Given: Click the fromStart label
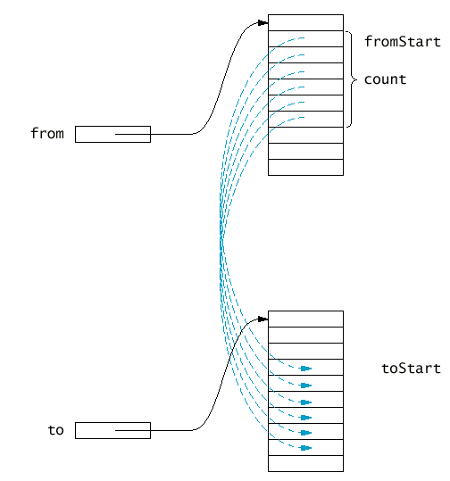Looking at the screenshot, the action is [x=403, y=41].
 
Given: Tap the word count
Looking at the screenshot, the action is [x=385, y=79].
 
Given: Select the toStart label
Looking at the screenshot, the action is [x=411, y=368].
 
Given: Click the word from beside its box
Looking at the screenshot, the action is [x=47, y=134].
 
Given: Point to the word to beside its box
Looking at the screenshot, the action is [x=56, y=430].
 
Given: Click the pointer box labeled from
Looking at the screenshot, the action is [x=112, y=134].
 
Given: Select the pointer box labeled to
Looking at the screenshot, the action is [x=112, y=430].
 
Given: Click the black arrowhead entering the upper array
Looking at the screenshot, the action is [x=262, y=23].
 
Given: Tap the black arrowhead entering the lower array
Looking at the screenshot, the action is [x=262, y=319].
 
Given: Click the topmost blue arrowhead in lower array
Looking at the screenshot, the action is [x=305, y=369].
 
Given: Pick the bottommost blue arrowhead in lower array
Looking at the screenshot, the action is [x=305, y=448].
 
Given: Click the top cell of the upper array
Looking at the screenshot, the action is [x=305, y=22].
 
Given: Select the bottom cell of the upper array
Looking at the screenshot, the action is [x=305, y=167].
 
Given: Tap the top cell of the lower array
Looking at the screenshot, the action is [x=305, y=319].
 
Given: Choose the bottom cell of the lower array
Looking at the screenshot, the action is [x=305, y=463].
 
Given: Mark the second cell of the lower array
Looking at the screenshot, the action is [x=305, y=335].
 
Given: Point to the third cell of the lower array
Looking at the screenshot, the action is [x=305, y=351].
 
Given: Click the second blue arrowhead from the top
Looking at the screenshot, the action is [x=305, y=386].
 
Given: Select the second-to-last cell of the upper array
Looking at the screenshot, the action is [x=305, y=151].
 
